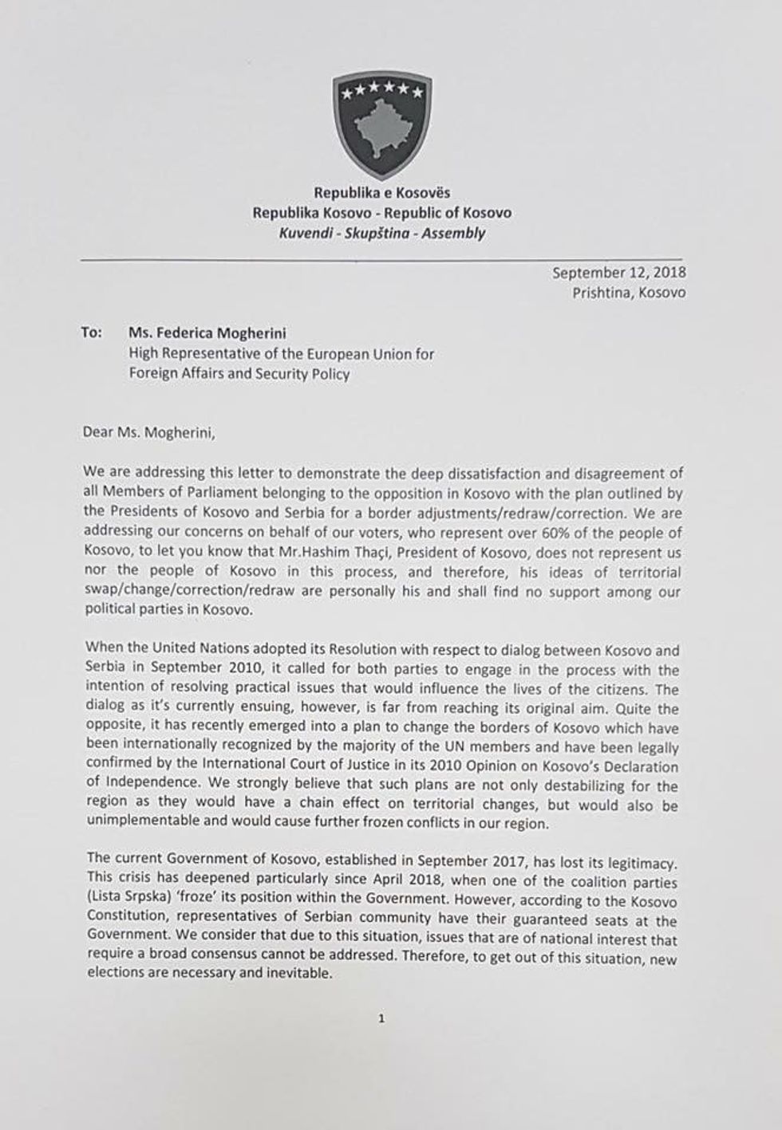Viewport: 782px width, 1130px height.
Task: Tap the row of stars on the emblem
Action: coord(382,93)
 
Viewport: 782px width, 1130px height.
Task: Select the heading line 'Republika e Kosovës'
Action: coord(381,193)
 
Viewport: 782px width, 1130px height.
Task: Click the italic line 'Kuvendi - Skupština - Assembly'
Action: coord(381,234)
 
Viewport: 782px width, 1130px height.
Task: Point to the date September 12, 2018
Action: coord(618,272)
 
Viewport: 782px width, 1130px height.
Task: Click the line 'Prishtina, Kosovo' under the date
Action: coord(628,293)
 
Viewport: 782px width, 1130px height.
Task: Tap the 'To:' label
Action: coord(92,332)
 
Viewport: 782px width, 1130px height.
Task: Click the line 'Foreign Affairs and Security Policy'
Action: coord(239,374)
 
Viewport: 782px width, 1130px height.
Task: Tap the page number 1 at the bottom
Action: coord(382,1018)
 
